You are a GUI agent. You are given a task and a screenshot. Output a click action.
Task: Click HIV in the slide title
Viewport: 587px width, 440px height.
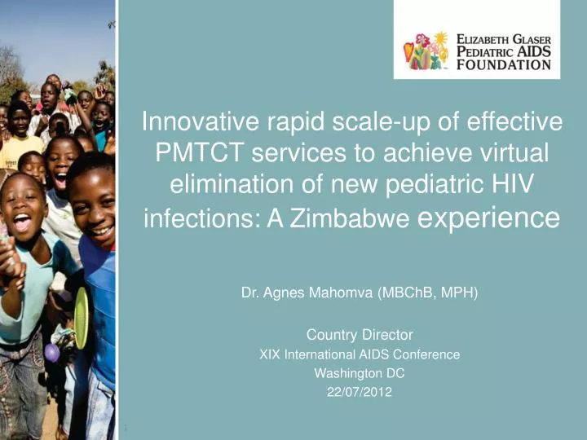514,186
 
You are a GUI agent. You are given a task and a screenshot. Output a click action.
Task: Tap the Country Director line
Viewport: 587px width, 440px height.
360,334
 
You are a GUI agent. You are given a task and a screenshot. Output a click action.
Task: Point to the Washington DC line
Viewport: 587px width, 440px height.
360,373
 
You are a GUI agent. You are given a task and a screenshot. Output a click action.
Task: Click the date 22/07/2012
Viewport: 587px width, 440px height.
360,392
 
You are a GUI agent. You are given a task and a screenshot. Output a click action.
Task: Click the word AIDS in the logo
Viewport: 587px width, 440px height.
531,51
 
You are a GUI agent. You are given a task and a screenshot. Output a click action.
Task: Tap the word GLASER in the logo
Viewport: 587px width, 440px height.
527,37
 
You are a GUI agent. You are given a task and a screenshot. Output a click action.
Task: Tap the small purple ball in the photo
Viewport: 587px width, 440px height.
51,352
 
